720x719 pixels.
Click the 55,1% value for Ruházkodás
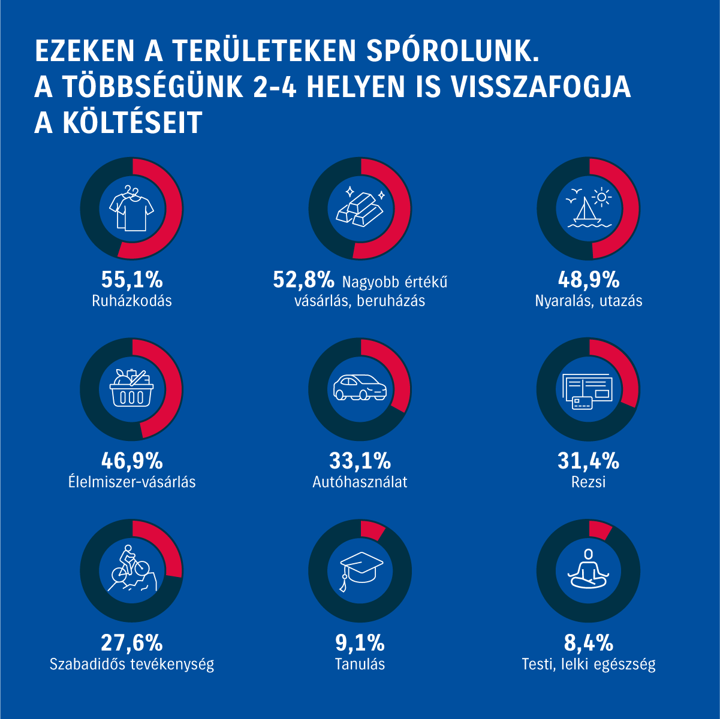pos(132,280)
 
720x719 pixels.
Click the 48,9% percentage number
pos(588,280)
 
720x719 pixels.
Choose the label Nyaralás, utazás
pos(588,301)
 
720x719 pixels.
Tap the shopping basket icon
pos(132,389)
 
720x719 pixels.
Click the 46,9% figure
pos(132,461)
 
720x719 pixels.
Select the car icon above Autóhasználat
pos(360,387)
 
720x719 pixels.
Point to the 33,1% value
pos(360,461)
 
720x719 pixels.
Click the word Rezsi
pos(588,482)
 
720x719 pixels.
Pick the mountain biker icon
pos(132,569)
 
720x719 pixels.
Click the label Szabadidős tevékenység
pos(132,664)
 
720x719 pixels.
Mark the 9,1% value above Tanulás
pos(360,644)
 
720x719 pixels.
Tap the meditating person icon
pos(588,569)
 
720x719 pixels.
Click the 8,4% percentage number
pos(588,644)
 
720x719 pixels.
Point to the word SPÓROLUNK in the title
pos(451,52)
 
